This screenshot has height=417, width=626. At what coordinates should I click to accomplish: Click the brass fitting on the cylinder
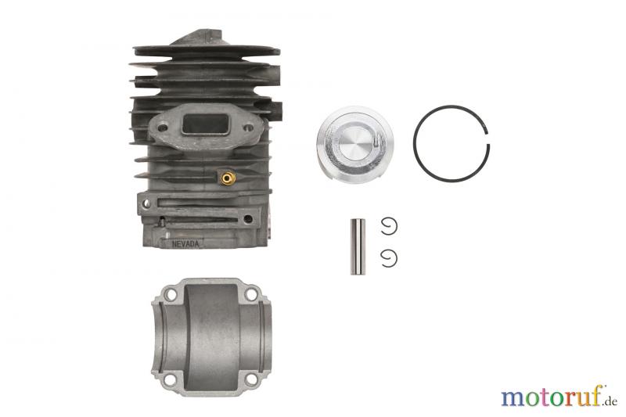228,178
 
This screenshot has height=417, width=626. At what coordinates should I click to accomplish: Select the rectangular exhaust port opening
205,124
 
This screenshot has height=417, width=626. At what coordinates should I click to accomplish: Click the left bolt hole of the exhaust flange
163,128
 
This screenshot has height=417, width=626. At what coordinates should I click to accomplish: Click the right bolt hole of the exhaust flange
248,128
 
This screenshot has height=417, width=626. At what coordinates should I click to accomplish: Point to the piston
355,145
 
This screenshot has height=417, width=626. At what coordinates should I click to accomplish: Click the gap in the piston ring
487,138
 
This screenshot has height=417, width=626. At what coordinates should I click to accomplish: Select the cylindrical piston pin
358,246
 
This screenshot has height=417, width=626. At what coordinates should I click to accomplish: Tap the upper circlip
388,226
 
